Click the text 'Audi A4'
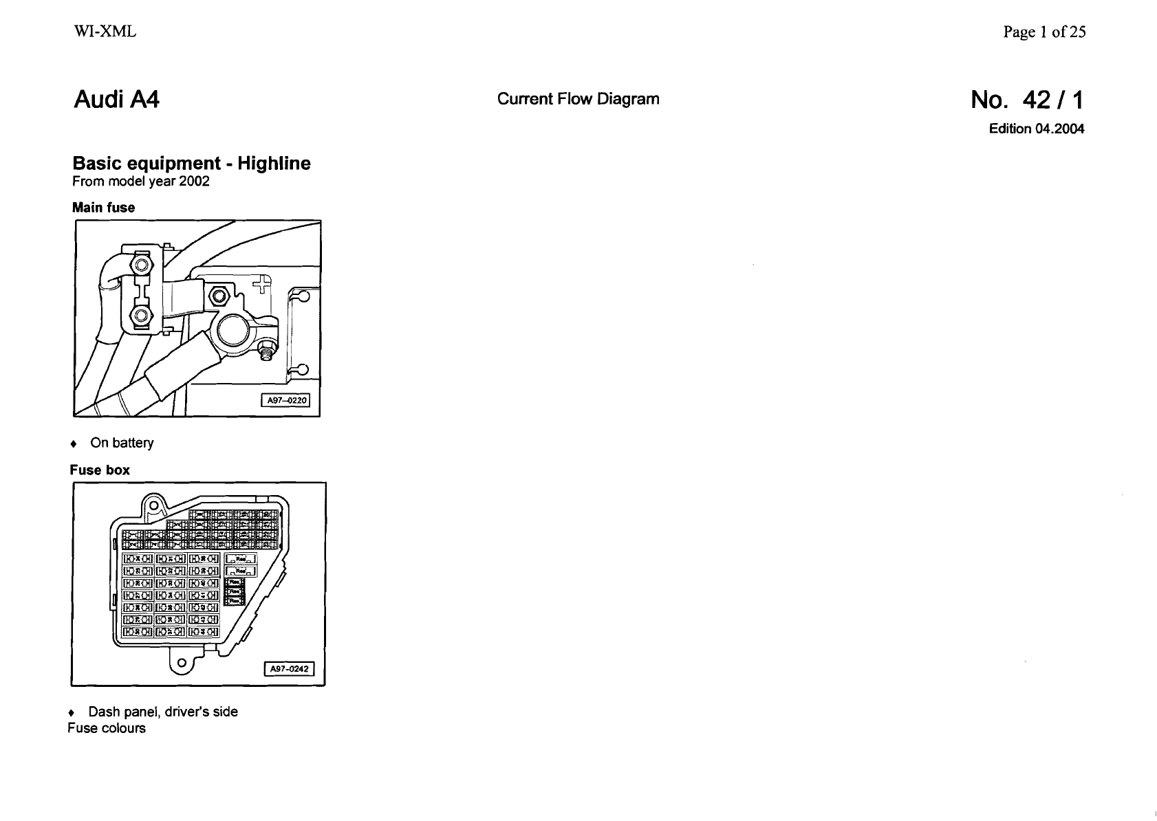point(116,100)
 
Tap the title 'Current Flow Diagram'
point(578,99)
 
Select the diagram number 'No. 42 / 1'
point(1027,100)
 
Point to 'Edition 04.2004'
point(1036,129)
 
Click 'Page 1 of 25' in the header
point(1044,32)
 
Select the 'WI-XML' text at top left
point(105,32)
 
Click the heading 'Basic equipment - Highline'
point(191,164)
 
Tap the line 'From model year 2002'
point(141,182)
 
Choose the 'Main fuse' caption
point(104,208)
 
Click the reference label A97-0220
point(285,401)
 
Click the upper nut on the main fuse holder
point(142,265)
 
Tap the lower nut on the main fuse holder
point(141,316)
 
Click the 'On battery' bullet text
point(122,443)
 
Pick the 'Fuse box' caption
point(100,470)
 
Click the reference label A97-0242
point(290,668)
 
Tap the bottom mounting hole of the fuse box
point(181,663)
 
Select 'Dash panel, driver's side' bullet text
point(163,712)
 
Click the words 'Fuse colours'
point(107,728)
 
